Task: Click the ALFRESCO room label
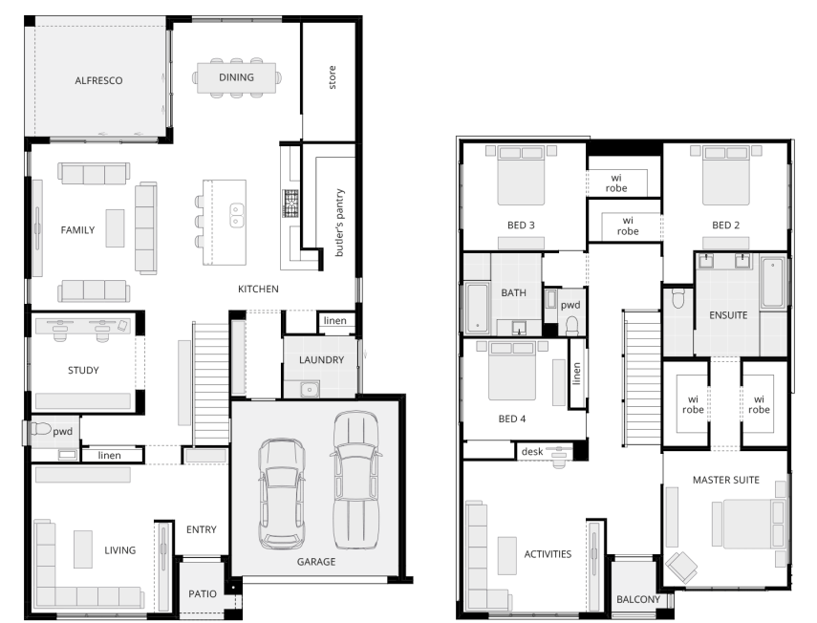pos(98,80)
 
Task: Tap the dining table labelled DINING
pos(236,77)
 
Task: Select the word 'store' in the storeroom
pos(332,77)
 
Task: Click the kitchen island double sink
pos(237,216)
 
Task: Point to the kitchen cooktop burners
pos(290,204)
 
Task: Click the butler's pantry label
pos(339,223)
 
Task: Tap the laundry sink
pos(310,389)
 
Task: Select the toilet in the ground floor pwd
pos(40,429)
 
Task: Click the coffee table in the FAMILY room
pos(116,228)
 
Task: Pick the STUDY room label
pos(83,371)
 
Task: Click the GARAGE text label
pos(315,562)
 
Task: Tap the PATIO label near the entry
pos(203,593)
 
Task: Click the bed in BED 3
pos(521,176)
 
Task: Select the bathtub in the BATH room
pos(477,308)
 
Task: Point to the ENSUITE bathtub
pos(773,283)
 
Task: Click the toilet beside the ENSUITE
pos(677,298)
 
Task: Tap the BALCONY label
pos(637,599)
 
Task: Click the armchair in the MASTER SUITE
pos(681,567)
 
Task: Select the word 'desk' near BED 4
pos(532,452)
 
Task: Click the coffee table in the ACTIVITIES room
pos(507,556)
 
